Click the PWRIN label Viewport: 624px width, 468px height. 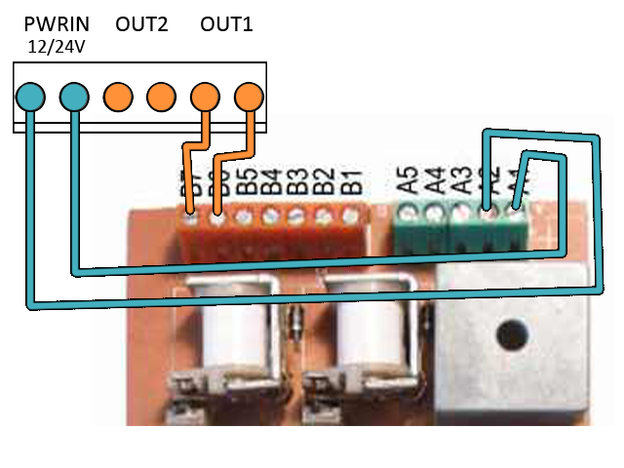click(x=57, y=24)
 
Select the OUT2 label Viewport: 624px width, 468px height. click(x=141, y=24)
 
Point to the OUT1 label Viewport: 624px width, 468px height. click(x=226, y=24)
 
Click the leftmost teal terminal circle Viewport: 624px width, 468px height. click(x=30, y=96)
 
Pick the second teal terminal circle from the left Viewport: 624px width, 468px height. click(x=74, y=96)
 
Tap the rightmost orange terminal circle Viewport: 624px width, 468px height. click(x=250, y=96)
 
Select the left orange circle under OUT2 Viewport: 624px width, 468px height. click(x=118, y=96)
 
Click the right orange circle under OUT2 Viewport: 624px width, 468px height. click(x=161, y=96)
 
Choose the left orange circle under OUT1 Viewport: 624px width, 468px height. click(x=205, y=96)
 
